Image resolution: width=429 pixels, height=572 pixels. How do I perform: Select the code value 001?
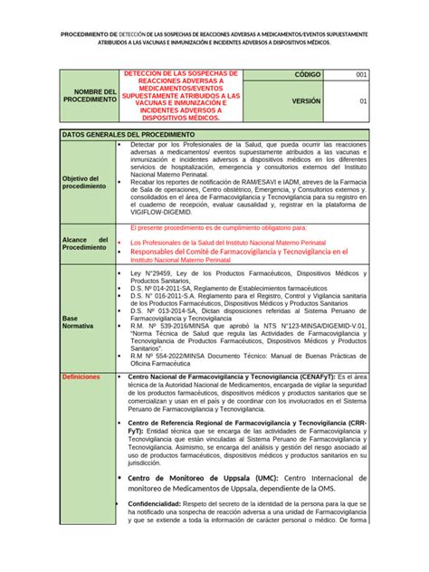(x=361, y=74)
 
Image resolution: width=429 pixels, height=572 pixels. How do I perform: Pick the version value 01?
(x=362, y=102)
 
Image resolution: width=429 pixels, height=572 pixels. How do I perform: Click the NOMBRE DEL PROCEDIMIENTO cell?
(x=96, y=95)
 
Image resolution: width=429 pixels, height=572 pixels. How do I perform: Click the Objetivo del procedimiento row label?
(x=84, y=182)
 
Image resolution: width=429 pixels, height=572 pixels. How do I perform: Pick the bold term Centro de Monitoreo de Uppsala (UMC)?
(x=204, y=478)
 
